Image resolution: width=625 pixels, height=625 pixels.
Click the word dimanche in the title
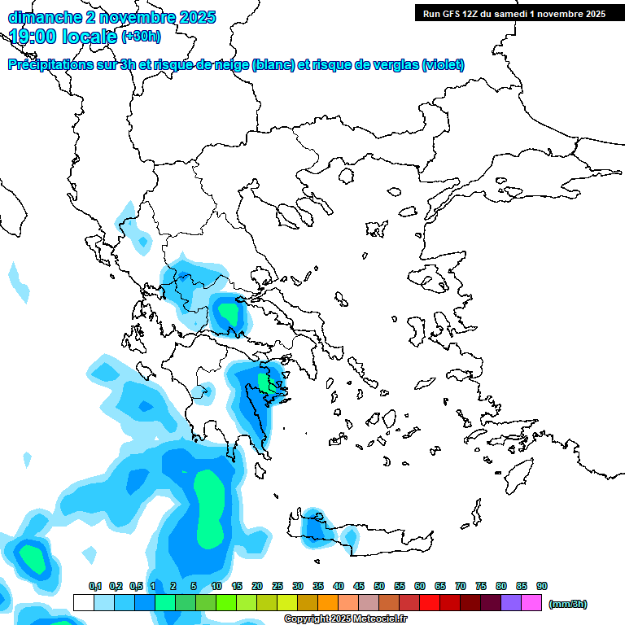[44, 17]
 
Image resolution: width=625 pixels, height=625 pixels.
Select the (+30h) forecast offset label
[141, 36]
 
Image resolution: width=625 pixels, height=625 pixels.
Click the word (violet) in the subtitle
[444, 65]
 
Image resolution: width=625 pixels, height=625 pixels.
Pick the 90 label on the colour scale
[541, 586]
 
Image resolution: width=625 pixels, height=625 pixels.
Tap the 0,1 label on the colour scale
[94, 586]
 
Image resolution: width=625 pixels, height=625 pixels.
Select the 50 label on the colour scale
[379, 586]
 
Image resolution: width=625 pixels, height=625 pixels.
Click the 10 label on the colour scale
[216, 586]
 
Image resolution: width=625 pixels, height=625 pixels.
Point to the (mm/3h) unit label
[568, 604]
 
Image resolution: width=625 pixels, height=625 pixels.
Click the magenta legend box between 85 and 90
[531, 603]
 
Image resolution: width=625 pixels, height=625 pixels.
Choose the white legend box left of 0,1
[83, 603]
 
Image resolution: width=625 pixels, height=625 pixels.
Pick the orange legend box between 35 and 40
[328, 603]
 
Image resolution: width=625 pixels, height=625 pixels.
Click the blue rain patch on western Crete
[312, 527]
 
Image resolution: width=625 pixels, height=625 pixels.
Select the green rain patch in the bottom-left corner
[33, 558]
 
